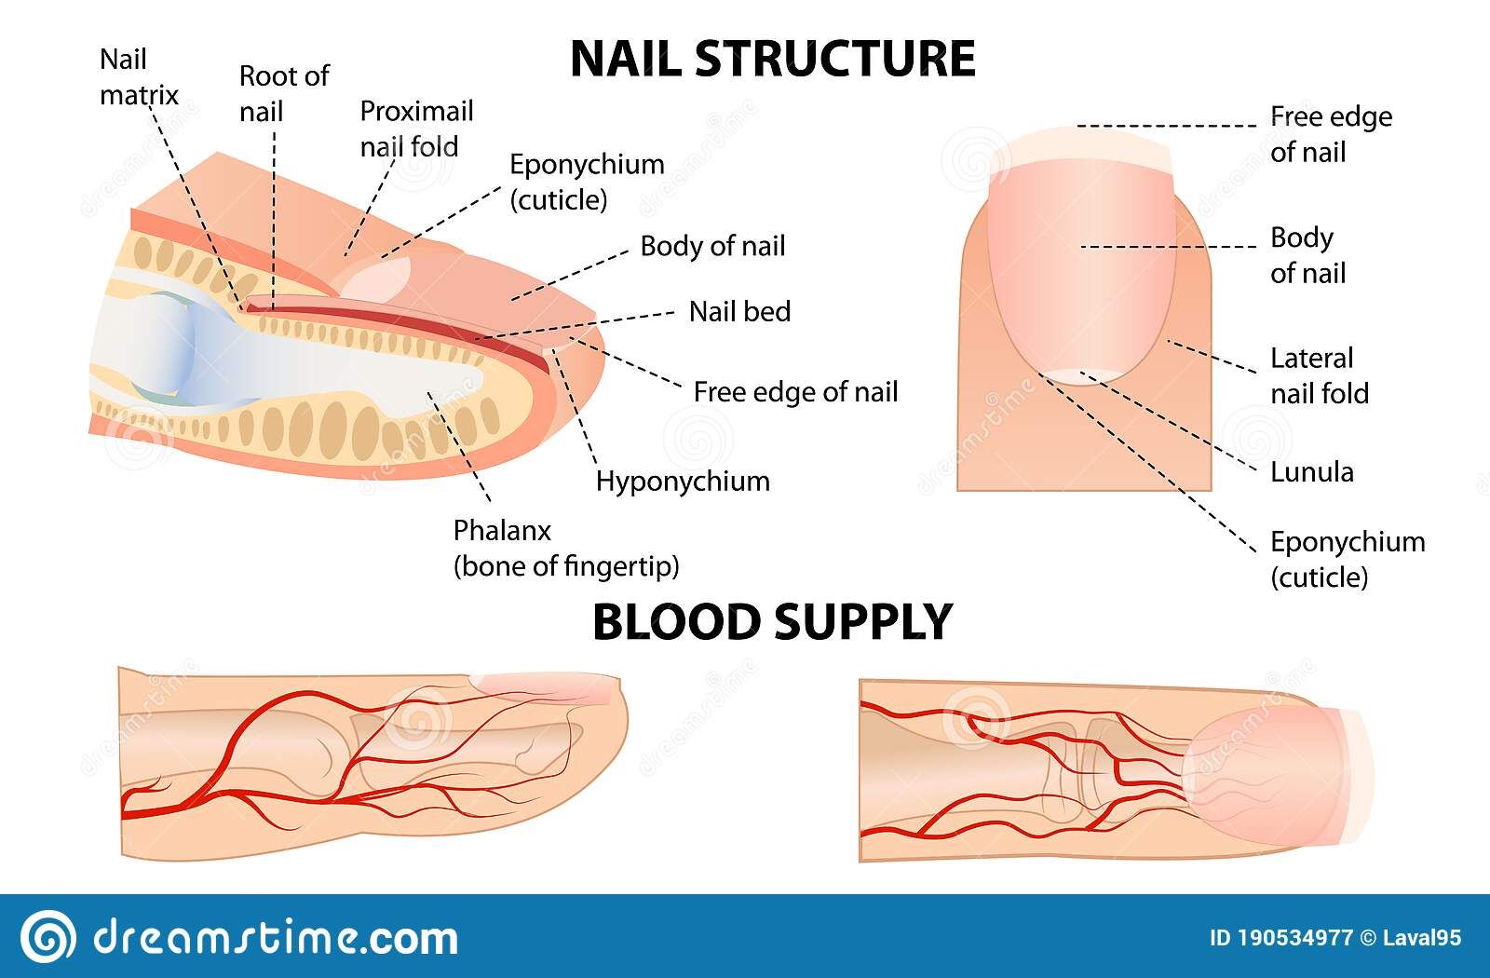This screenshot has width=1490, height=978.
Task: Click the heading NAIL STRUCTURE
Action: pyautogui.click(x=772, y=59)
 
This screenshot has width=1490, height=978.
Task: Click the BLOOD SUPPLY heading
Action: pyautogui.click(x=772, y=622)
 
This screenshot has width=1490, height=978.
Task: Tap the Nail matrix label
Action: pyautogui.click(x=138, y=77)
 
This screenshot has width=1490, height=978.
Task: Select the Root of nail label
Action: pyautogui.click(x=283, y=93)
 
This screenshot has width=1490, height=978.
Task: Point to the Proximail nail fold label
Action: pyautogui.click(x=416, y=129)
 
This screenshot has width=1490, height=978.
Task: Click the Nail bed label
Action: pyautogui.click(x=739, y=311)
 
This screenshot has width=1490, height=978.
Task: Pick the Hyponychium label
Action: pyautogui.click(x=683, y=482)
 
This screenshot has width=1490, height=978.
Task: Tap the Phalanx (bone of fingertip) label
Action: pyautogui.click(x=565, y=548)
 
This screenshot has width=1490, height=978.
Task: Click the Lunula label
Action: pyautogui.click(x=1312, y=471)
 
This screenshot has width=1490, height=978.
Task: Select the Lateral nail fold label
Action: pyautogui.click(x=1319, y=375)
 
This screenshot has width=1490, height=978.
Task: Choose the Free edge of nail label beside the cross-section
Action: pyautogui.click(x=795, y=392)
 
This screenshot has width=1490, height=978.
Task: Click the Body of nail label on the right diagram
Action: pyautogui.click(x=1307, y=255)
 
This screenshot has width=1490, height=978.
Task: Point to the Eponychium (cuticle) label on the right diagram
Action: pyautogui.click(x=1347, y=559)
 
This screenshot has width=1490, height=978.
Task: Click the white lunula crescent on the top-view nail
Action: pyautogui.click(x=1080, y=375)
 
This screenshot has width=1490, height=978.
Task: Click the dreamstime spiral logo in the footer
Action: pyautogui.click(x=47, y=936)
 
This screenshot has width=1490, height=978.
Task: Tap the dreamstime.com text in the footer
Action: pyautogui.click(x=275, y=936)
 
